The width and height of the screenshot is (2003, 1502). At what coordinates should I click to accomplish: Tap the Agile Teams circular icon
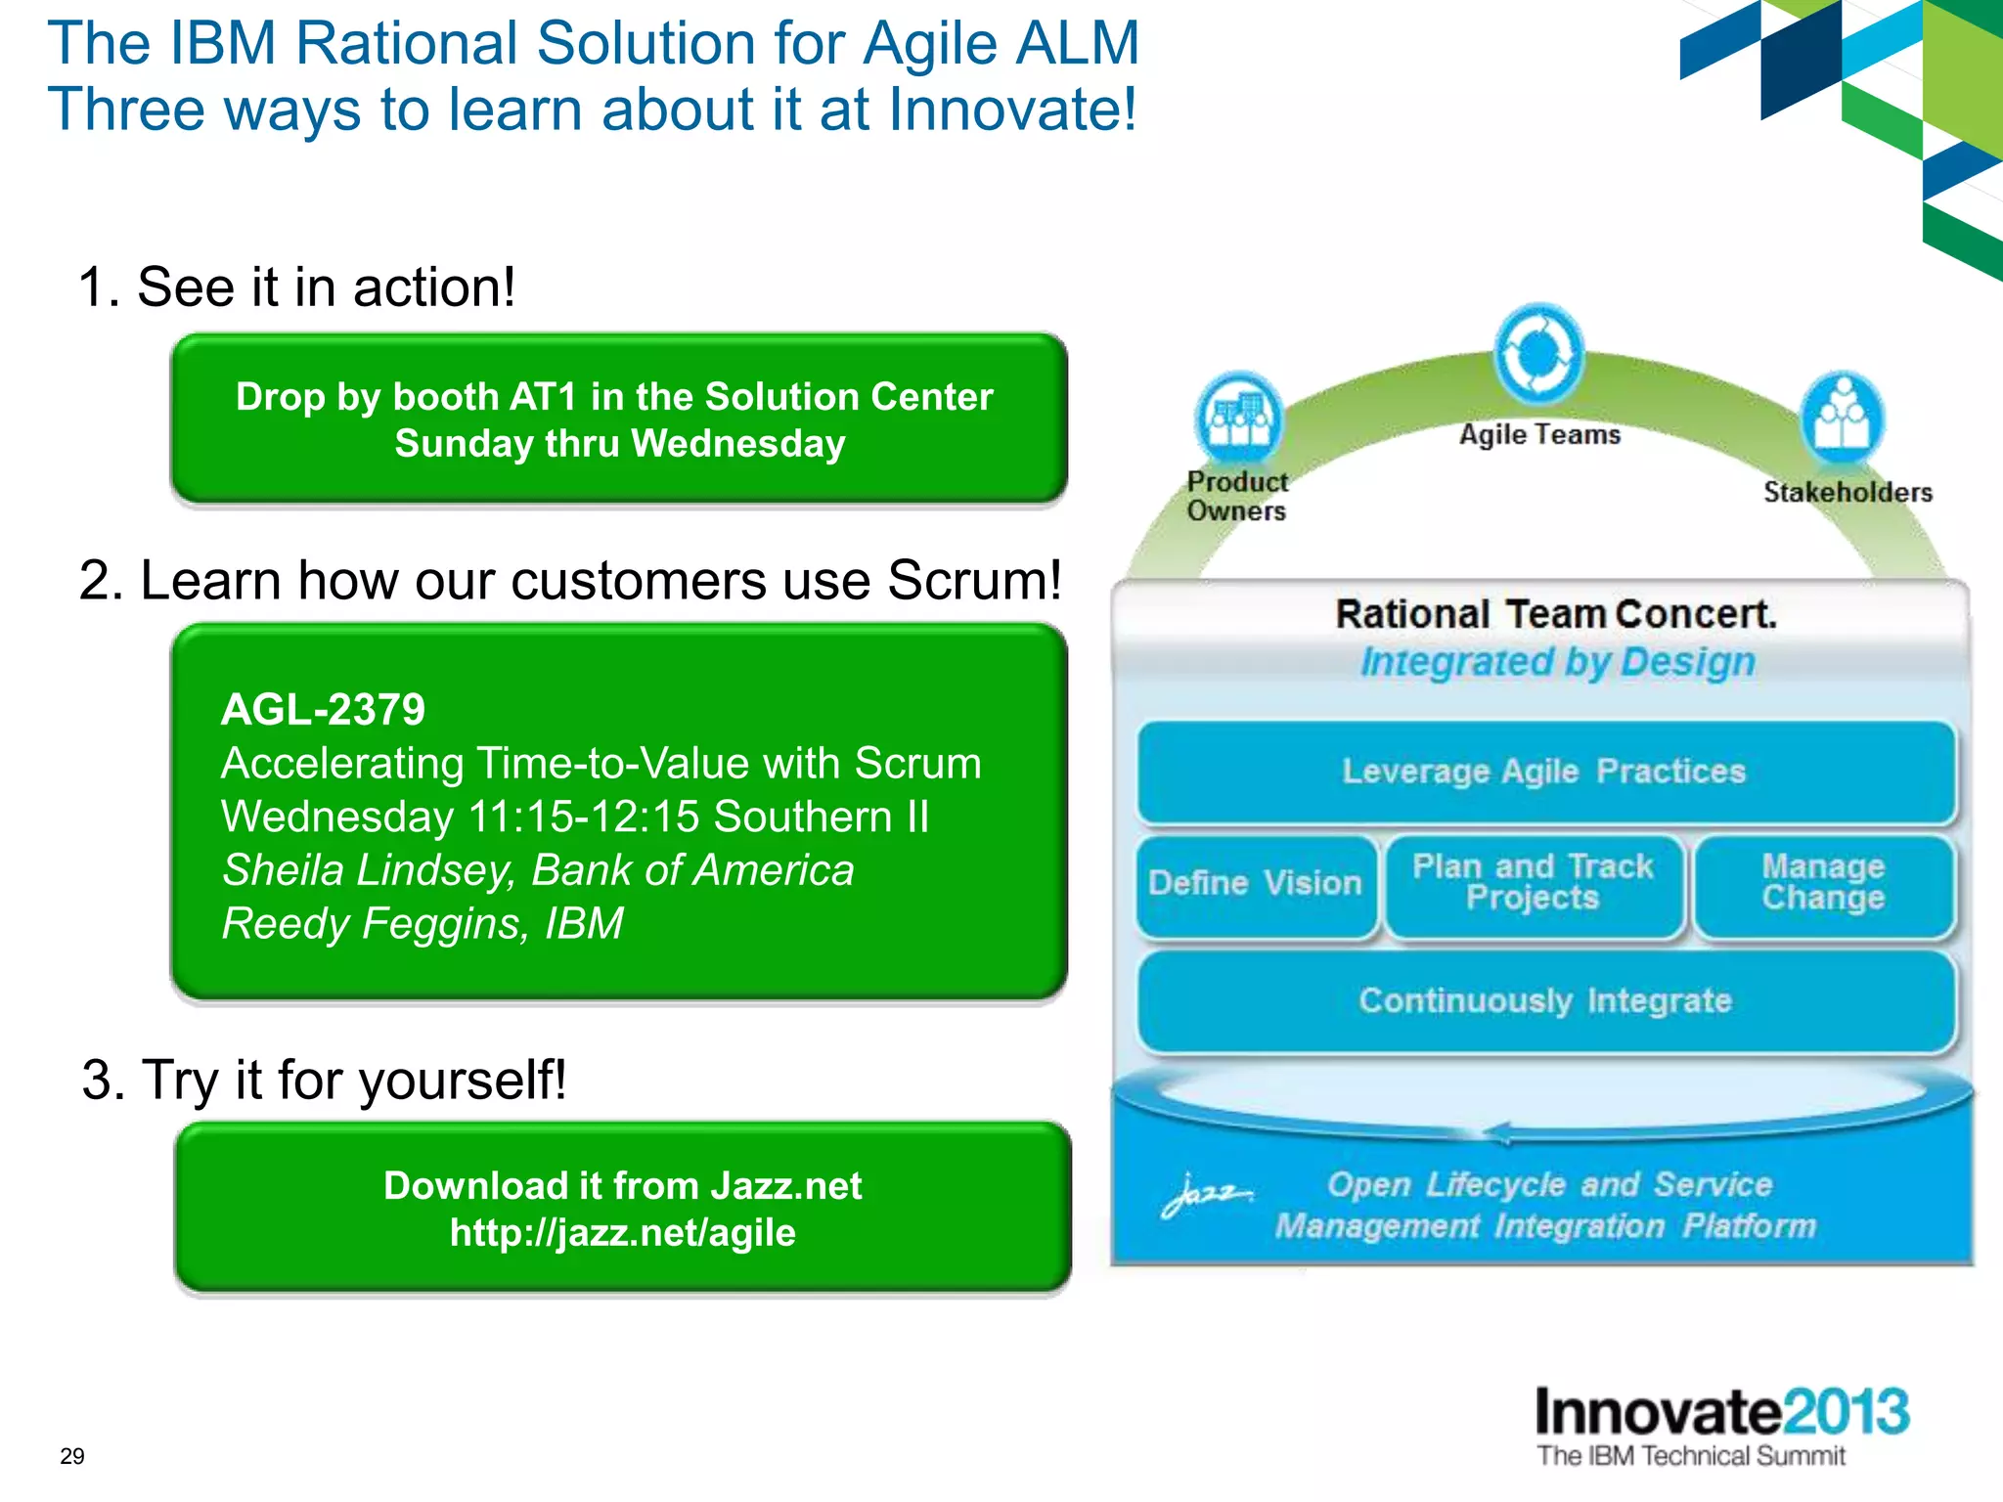[1538, 354]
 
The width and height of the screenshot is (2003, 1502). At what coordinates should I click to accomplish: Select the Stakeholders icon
[1843, 419]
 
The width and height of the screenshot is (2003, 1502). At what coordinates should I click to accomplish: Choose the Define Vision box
[1256, 884]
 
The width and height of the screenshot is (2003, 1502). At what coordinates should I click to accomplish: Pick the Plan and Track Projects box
[1534, 883]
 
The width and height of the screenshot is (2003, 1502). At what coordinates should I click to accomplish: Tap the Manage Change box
[1823, 883]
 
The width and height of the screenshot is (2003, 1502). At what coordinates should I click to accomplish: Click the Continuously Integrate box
[1545, 1001]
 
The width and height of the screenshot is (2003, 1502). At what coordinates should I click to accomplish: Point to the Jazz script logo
[1206, 1195]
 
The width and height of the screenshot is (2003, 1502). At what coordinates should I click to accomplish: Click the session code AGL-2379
[323, 710]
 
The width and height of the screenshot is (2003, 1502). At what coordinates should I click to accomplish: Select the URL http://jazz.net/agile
[623, 1233]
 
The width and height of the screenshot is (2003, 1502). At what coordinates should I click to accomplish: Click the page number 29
[72, 1456]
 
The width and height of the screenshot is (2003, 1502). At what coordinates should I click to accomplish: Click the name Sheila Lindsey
[369, 870]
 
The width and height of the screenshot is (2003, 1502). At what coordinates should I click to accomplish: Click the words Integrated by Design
[1558, 662]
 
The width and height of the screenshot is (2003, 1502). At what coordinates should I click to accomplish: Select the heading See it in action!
[326, 287]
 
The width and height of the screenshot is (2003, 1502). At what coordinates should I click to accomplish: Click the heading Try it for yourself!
[354, 1081]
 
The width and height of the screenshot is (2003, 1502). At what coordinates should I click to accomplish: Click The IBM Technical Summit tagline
[1690, 1456]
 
